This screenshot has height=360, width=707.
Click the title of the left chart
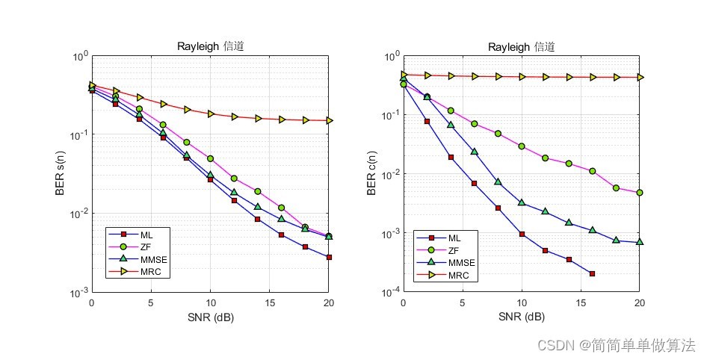pos(210,46)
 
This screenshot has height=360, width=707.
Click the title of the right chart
pos(521,47)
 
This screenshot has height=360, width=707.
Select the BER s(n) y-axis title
pos(61,173)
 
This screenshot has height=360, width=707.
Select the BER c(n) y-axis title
pos(371,173)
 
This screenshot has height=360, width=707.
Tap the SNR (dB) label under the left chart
pos(210,317)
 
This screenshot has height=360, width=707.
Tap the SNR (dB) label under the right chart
pos(521,317)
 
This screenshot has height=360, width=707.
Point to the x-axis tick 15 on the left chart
pos(269,303)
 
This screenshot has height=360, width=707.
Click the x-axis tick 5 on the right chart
pos(462,303)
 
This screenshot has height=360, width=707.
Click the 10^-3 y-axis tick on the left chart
pos(80,293)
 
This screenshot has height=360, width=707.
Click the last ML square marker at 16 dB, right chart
pos(592,274)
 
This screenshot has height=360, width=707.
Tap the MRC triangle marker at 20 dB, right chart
pos(640,77)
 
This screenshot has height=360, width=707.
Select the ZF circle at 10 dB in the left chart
pos(211,158)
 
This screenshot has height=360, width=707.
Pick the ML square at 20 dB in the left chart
pos(329,257)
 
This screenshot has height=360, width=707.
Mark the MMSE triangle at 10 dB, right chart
pos(522,202)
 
